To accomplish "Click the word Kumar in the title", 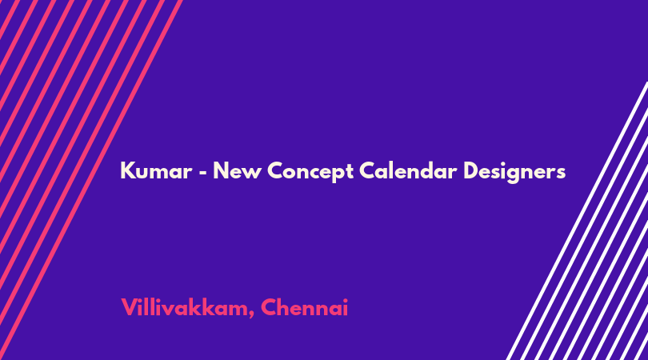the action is point(156,170).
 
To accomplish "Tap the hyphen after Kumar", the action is point(202,171).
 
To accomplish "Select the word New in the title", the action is point(237,170).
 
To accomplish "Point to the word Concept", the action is point(310,171).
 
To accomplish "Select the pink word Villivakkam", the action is point(184,307).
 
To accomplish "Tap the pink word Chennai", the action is point(304,307).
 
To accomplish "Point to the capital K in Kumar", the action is point(127,170).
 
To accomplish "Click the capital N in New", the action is point(221,170).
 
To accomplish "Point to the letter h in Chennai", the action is point(282,307).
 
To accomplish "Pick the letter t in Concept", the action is point(350,172).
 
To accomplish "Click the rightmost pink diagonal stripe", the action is point(91,180).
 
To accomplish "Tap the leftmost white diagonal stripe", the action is point(577,221).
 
